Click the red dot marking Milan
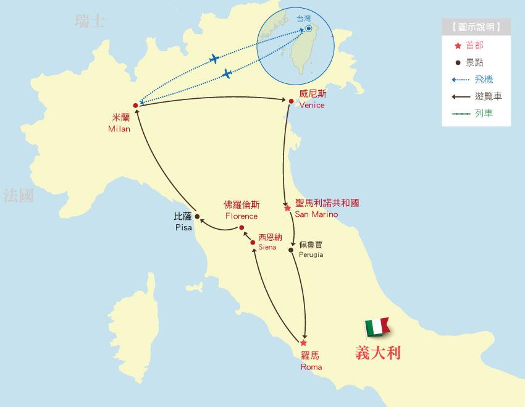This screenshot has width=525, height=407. [135, 106]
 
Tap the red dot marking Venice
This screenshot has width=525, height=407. [291, 101]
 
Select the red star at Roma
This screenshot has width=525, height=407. [303, 343]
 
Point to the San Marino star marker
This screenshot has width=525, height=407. [288, 208]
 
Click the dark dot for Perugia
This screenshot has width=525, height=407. [291, 250]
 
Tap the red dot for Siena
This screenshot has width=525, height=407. [253, 243]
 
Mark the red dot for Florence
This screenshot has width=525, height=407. [241, 228]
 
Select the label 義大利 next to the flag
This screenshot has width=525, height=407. [378, 353]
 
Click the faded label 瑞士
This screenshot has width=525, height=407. [90, 22]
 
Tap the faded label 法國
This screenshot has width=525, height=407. [18, 196]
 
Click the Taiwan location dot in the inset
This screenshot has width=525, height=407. [308, 28]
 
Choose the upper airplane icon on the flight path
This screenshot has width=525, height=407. [214, 59]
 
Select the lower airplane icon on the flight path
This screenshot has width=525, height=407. [227, 74]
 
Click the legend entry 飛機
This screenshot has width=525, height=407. [484, 79]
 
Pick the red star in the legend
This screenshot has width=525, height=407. [458, 45]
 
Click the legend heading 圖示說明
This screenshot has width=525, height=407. [476, 27]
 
